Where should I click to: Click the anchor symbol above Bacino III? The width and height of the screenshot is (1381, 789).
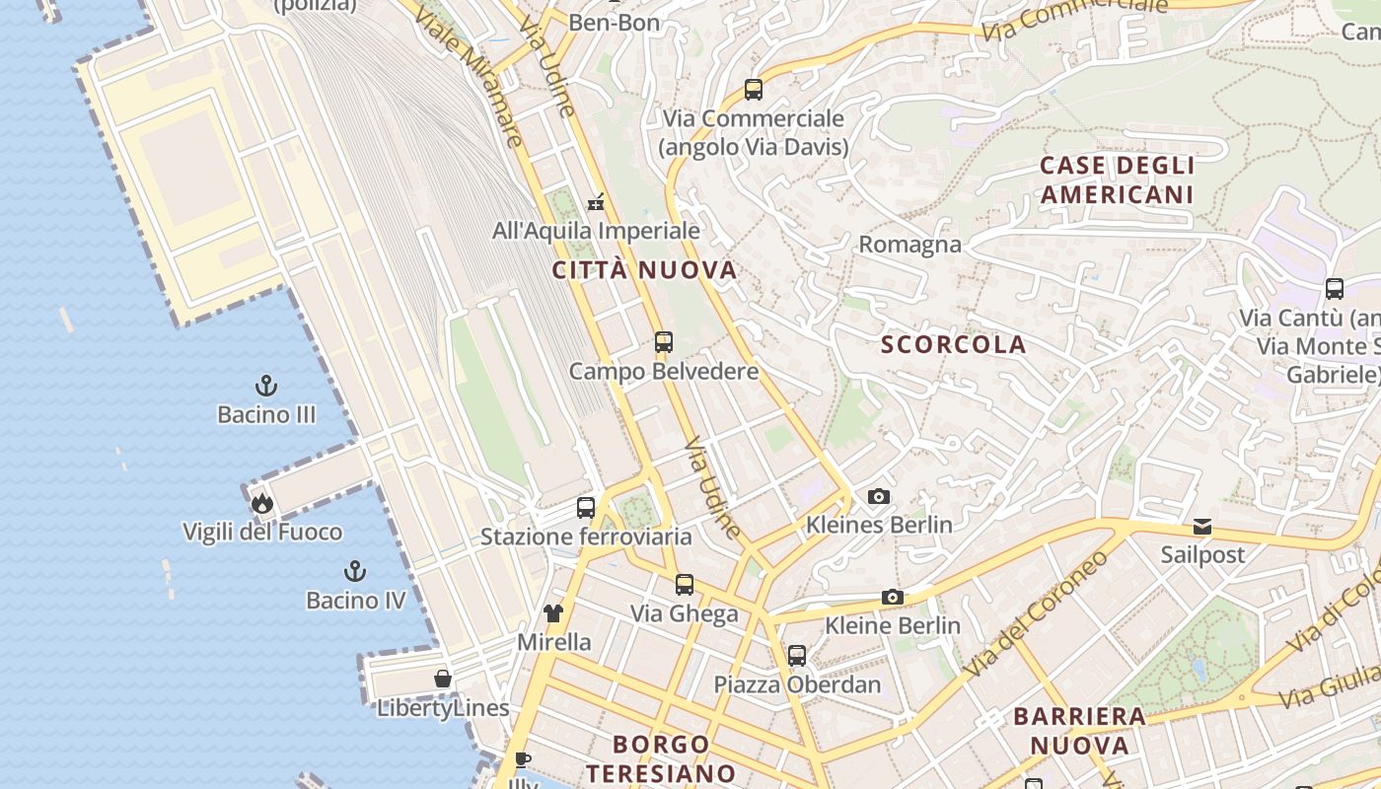266,386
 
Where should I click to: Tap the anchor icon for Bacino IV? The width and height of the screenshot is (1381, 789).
355,571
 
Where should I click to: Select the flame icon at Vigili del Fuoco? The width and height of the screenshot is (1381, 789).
262,503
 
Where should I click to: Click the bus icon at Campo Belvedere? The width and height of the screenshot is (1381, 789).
664,342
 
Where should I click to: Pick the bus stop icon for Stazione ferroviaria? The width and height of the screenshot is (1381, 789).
586,508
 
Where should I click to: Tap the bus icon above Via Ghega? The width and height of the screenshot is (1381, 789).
685,585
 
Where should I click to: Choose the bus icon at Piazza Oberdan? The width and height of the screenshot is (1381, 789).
797,655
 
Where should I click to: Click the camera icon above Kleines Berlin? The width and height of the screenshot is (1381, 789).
878,496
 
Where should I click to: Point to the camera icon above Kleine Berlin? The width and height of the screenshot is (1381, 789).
893,597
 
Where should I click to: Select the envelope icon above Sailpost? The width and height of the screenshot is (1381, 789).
1202,527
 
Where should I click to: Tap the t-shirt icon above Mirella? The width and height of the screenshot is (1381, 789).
553,613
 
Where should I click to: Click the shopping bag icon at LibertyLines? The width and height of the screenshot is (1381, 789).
443,679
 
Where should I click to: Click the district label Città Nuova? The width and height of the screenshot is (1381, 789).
644,270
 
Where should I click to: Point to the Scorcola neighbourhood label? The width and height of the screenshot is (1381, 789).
954,344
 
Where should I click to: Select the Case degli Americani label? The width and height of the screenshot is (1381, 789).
1118,179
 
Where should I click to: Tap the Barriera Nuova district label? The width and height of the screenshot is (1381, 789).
1080,730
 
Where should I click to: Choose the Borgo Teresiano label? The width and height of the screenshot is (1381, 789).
675,757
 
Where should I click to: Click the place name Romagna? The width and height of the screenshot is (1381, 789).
910,245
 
